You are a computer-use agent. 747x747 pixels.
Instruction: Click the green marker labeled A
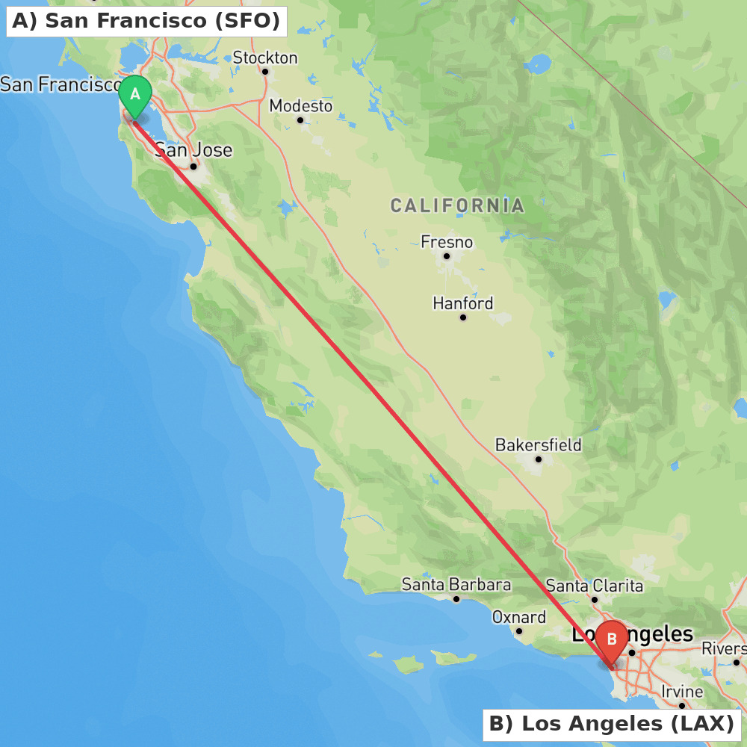(x=135, y=95)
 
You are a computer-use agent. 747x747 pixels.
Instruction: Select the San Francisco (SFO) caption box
(x=146, y=21)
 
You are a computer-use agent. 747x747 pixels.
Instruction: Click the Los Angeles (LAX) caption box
(x=612, y=724)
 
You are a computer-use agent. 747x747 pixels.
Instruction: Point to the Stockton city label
(x=265, y=58)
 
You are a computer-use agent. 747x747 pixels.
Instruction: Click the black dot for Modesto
(x=300, y=120)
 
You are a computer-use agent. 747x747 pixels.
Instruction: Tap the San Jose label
(x=193, y=150)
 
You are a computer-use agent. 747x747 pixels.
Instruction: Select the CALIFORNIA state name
(x=457, y=205)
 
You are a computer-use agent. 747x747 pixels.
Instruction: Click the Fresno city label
(x=447, y=242)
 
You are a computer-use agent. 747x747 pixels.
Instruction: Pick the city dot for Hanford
(x=463, y=317)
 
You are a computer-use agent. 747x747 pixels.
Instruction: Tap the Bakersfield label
(x=538, y=445)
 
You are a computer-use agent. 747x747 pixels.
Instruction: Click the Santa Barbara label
(x=456, y=584)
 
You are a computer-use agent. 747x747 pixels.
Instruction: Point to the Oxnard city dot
(x=519, y=631)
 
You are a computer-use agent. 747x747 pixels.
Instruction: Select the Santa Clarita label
(x=595, y=585)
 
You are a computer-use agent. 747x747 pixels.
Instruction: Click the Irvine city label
(x=682, y=692)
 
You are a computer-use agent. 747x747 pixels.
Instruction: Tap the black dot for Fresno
(x=447, y=256)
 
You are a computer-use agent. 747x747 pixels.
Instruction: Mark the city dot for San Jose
(x=193, y=166)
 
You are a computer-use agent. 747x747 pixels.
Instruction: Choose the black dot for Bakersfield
(x=538, y=459)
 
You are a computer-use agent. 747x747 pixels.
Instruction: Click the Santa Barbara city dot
(x=456, y=598)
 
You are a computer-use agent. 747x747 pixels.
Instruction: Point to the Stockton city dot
(x=265, y=72)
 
